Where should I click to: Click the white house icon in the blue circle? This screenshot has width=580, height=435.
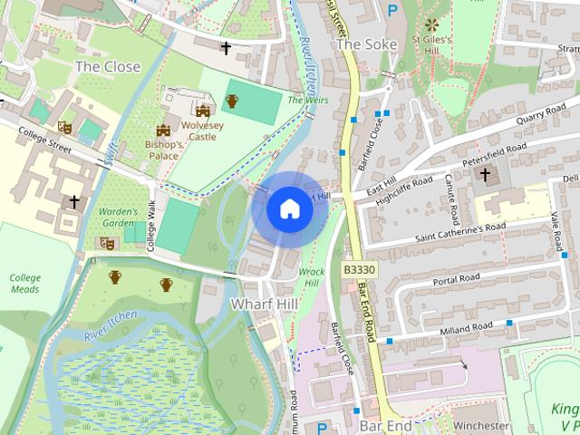tap(289, 209)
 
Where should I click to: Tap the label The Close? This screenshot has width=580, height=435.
tap(108, 66)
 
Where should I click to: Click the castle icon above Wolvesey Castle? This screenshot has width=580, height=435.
tap(202, 110)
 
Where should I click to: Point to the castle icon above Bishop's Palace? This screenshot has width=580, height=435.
tap(164, 130)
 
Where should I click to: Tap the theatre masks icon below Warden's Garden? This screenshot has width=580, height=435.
tap(106, 243)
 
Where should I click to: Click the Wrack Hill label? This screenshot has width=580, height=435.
tap(310, 277)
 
